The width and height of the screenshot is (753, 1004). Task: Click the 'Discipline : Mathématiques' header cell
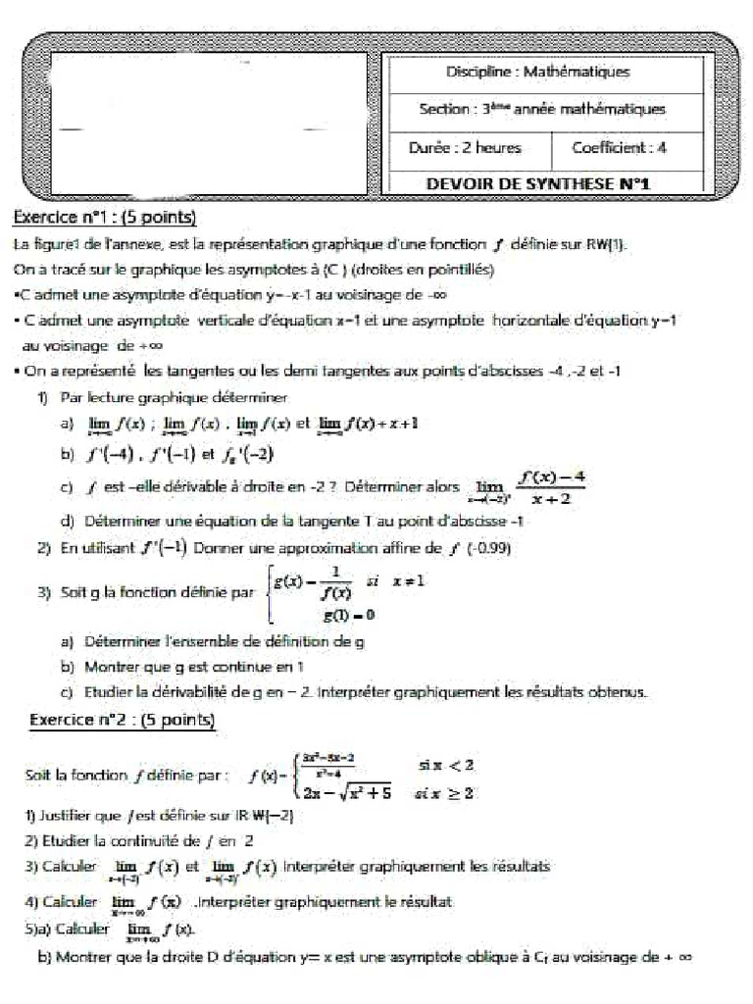coord(537,72)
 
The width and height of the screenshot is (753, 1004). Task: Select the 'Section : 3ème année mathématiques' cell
coord(541,110)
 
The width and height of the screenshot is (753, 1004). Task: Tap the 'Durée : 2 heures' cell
coord(464,148)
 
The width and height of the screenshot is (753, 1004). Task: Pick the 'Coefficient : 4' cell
coord(621,148)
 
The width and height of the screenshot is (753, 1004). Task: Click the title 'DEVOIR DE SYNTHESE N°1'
coord(538,183)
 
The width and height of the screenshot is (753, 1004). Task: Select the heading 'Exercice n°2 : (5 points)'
coord(124,721)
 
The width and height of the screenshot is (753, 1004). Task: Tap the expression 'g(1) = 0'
coord(350,615)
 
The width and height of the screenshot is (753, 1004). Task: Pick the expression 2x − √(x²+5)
coord(347,793)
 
